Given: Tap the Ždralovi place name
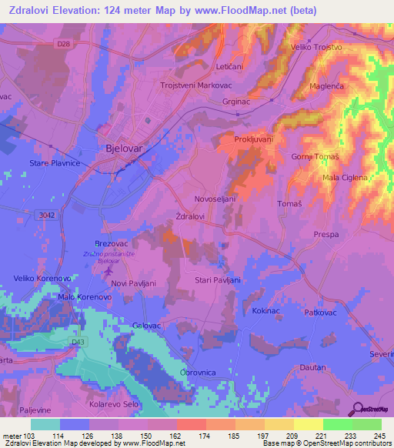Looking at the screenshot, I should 190,217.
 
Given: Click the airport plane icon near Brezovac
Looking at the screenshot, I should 107,270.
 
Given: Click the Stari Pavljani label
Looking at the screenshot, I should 218,280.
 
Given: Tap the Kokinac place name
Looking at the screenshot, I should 265,310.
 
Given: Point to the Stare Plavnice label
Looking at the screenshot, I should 55,164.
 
